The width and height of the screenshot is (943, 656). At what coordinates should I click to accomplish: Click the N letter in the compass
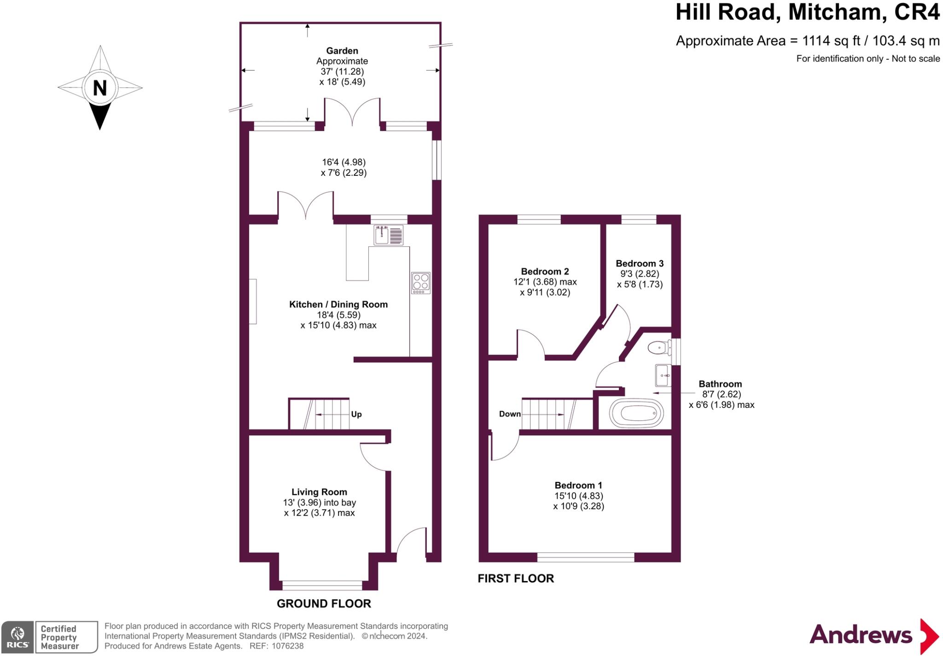(100, 88)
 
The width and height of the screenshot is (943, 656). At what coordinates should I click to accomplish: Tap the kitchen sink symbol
(388, 235)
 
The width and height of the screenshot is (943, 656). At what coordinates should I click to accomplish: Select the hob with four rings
(421, 283)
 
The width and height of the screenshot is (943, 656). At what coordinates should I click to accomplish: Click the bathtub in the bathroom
(636, 413)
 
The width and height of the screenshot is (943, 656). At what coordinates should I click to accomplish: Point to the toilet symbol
(659, 348)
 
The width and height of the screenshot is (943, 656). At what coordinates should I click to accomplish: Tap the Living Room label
(319, 492)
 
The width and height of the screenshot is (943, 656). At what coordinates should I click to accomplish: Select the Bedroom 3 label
(640, 263)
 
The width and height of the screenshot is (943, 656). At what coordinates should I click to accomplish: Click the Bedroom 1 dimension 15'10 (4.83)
(579, 496)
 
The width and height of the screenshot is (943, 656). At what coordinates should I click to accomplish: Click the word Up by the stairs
(356, 414)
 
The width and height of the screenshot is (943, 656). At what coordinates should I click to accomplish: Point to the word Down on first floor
(510, 414)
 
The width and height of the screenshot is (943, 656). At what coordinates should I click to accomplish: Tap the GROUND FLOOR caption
(324, 604)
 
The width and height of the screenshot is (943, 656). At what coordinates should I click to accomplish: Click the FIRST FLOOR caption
(516, 579)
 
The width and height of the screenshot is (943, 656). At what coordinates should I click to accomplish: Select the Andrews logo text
(860, 635)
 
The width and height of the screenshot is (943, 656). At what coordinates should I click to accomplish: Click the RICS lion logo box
(17, 637)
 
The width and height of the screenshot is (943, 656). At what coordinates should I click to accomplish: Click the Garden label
(342, 51)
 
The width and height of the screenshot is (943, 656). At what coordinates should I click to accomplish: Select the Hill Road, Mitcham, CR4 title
(807, 12)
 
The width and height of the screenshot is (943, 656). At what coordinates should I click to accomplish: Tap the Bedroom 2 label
(545, 271)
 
